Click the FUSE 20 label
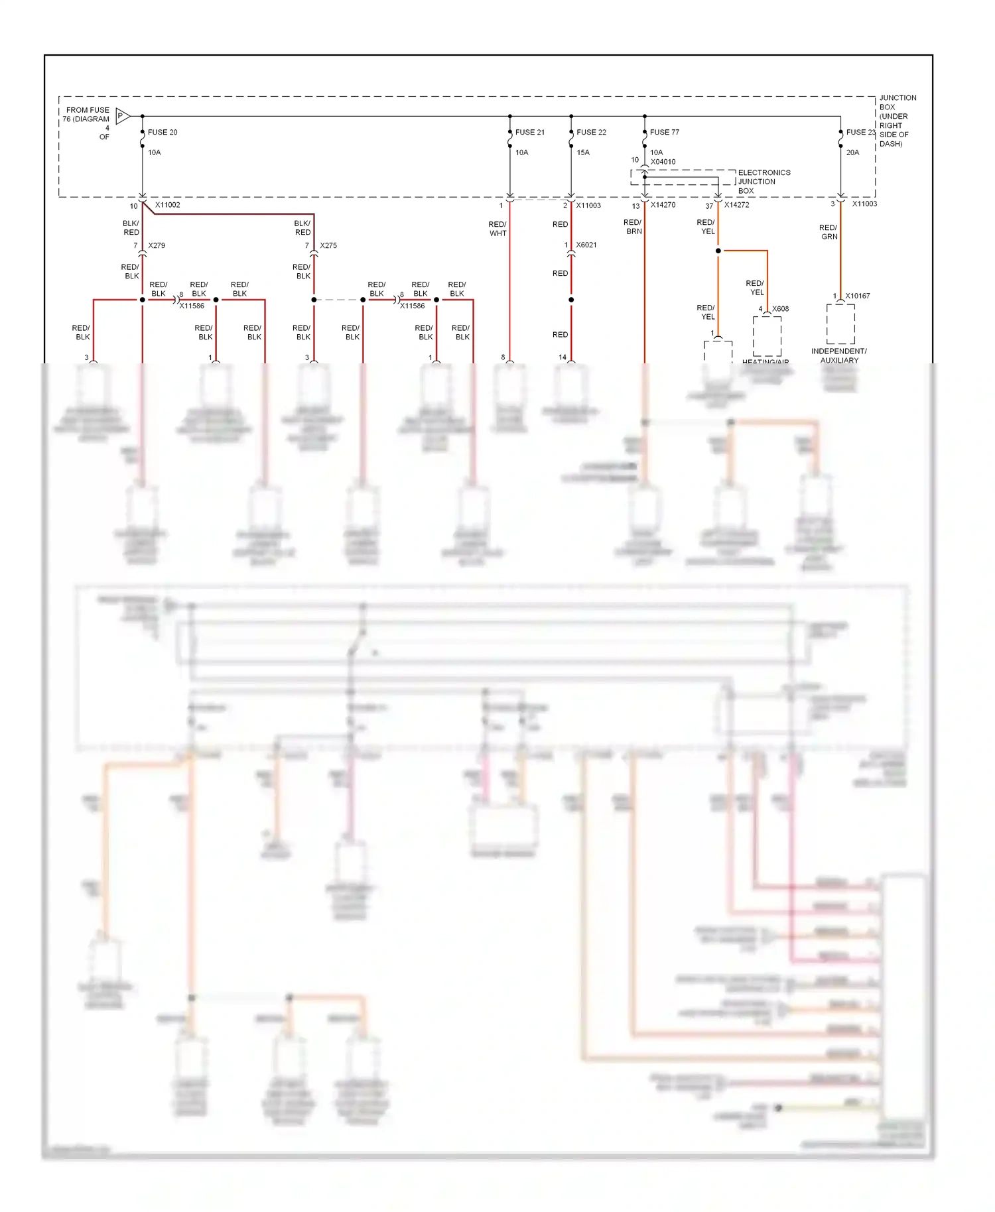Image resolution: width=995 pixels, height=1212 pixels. click(163, 132)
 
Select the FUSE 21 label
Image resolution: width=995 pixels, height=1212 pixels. click(529, 132)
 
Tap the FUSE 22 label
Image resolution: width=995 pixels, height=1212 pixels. click(591, 132)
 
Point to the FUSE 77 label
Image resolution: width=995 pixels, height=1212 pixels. click(664, 132)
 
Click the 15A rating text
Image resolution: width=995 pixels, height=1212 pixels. click(583, 152)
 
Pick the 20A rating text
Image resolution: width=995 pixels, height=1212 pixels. click(852, 152)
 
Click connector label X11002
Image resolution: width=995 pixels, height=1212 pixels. click(167, 205)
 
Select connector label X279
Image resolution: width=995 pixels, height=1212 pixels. click(157, 245)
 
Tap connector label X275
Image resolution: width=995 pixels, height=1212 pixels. click(328, 245)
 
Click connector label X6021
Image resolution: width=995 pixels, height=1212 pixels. click(586, 245)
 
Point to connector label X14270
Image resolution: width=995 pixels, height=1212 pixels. click(663, 205)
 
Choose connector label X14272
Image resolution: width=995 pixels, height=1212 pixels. click(736, 205)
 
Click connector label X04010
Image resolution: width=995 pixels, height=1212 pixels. click(663, 162)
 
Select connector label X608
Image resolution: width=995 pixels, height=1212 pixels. click(780, 309)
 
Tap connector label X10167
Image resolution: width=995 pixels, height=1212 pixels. click(857, 296)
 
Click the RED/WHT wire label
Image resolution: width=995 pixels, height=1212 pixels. click(497, 229)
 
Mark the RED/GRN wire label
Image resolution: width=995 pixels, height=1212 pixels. click(829, 232)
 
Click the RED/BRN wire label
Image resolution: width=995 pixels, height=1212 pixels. click(633, 227)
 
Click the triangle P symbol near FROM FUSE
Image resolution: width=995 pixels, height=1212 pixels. click(122, 116)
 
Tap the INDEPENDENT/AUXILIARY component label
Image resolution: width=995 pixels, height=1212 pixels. click(838, 355)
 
